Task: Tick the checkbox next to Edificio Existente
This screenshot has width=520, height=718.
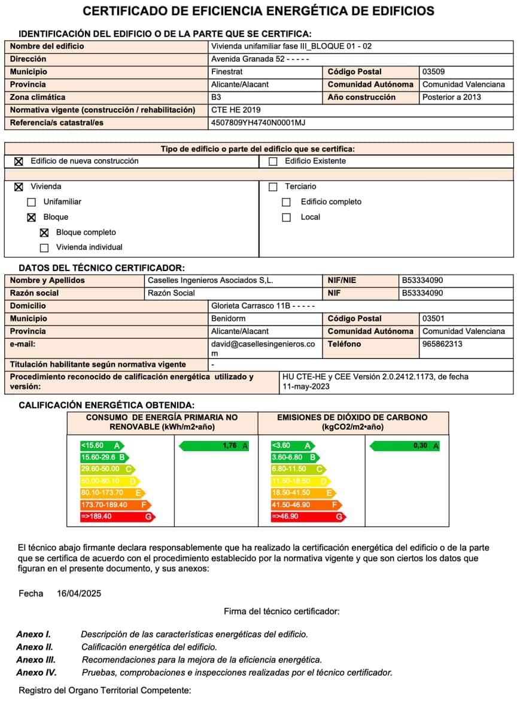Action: pyautogui.click(x=273, y=161)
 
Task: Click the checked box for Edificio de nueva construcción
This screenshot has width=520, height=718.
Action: pyautogui.click(x=19, y=161)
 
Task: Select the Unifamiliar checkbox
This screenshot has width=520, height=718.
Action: pyautogui.click(x=32, y=202)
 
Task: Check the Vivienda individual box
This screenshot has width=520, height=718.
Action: pyautogui.click(x=44, y=248)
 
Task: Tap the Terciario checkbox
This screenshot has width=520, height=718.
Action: pyautogui.click(x=273, y=187)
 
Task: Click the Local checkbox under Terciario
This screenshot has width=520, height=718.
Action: pyautogui.click(x=287, y=217)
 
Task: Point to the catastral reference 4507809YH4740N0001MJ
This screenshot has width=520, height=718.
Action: pyautogui.click(x=259, y=123)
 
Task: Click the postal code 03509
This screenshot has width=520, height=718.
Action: pyautogui.click(x=434, y=72)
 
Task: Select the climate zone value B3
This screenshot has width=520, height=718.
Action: pyautogui.click(x=217, y=97)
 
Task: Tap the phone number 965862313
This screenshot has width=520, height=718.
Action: pyautogui.click(x=442, y=344)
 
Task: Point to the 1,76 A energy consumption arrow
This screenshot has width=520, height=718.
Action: pyautogui.click(x=214, y=446)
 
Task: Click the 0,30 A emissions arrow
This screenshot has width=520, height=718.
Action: pyautogui.click(x=405, y=446)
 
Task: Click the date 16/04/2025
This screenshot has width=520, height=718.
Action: pyautogui.click(x=79, y=594)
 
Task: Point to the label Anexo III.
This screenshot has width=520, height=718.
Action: pyautogui.click(x=36, y=660)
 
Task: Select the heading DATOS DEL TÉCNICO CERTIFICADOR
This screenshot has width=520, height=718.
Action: pyautogui.click(x=102, y=268)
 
